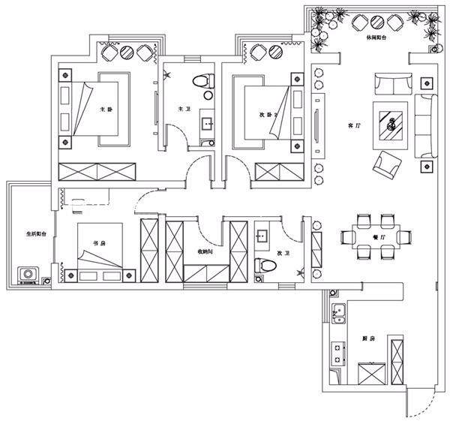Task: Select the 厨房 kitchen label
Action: [367, 339]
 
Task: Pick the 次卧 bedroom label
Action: [264, 115]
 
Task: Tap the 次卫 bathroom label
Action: [283, 254]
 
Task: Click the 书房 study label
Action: [97, 243]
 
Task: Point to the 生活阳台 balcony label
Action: [34, 233]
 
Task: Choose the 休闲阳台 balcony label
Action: [376, 36]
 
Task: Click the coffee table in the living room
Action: [392, 120]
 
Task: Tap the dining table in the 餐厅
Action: [377, 237]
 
